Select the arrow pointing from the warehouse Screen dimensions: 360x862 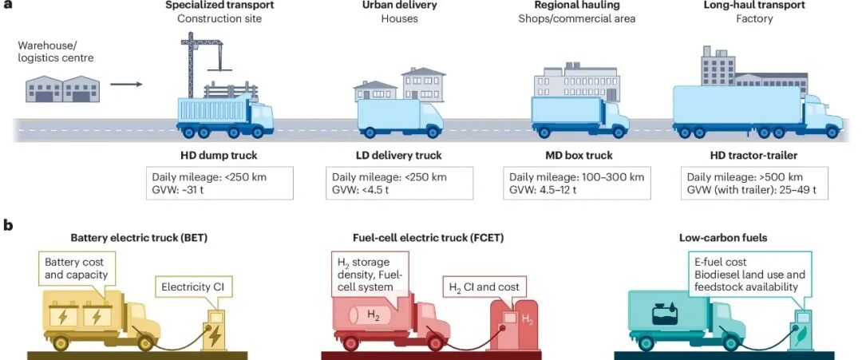(x=126, y=83)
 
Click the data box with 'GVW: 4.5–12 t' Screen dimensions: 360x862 (x=577, y=183)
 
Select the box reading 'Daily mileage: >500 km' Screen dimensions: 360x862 (x=754, y=183)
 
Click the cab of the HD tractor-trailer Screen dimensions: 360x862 (x=822, y=116)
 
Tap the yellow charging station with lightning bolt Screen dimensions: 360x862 (x=214, y=330)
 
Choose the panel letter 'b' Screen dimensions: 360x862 (x=7, y=226)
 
